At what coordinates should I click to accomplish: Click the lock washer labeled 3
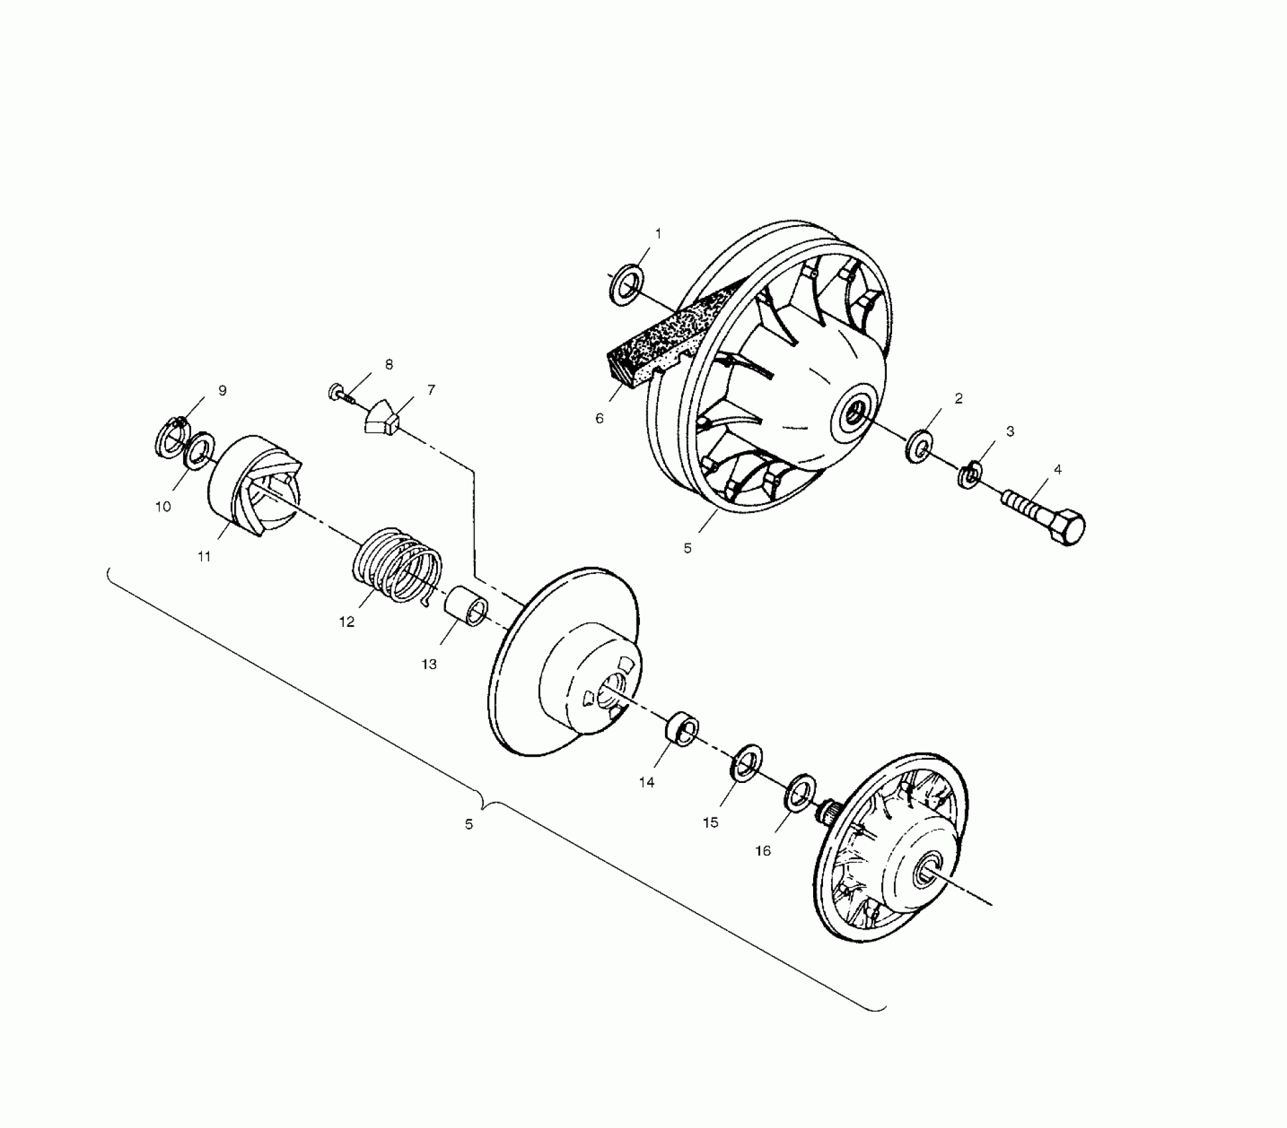(x=970, y=473)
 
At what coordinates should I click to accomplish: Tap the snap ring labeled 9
(x=171, y=435)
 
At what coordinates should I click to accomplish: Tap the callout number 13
(x=429, y=664)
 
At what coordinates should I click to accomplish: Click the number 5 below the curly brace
(x=469, y=825)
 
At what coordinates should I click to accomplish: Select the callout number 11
(x=204, y=557)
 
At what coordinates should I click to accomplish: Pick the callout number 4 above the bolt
(x=1057, y=470)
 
